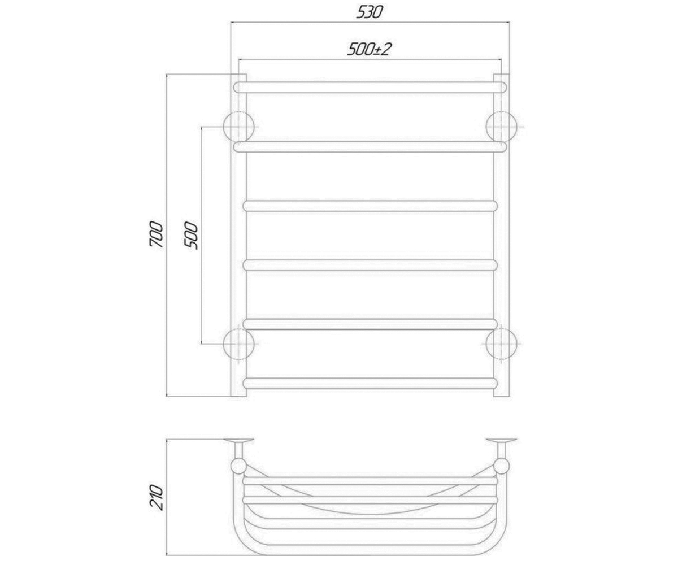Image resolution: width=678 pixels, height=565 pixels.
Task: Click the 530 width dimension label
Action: point(370,12)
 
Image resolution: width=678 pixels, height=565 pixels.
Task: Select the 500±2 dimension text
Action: point(369,49)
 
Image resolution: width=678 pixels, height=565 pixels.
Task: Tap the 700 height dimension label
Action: point(156,235)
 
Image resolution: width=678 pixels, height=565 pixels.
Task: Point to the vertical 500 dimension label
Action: point(191,235)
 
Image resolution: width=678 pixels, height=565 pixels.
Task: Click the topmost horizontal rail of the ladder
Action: point(370,88)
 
